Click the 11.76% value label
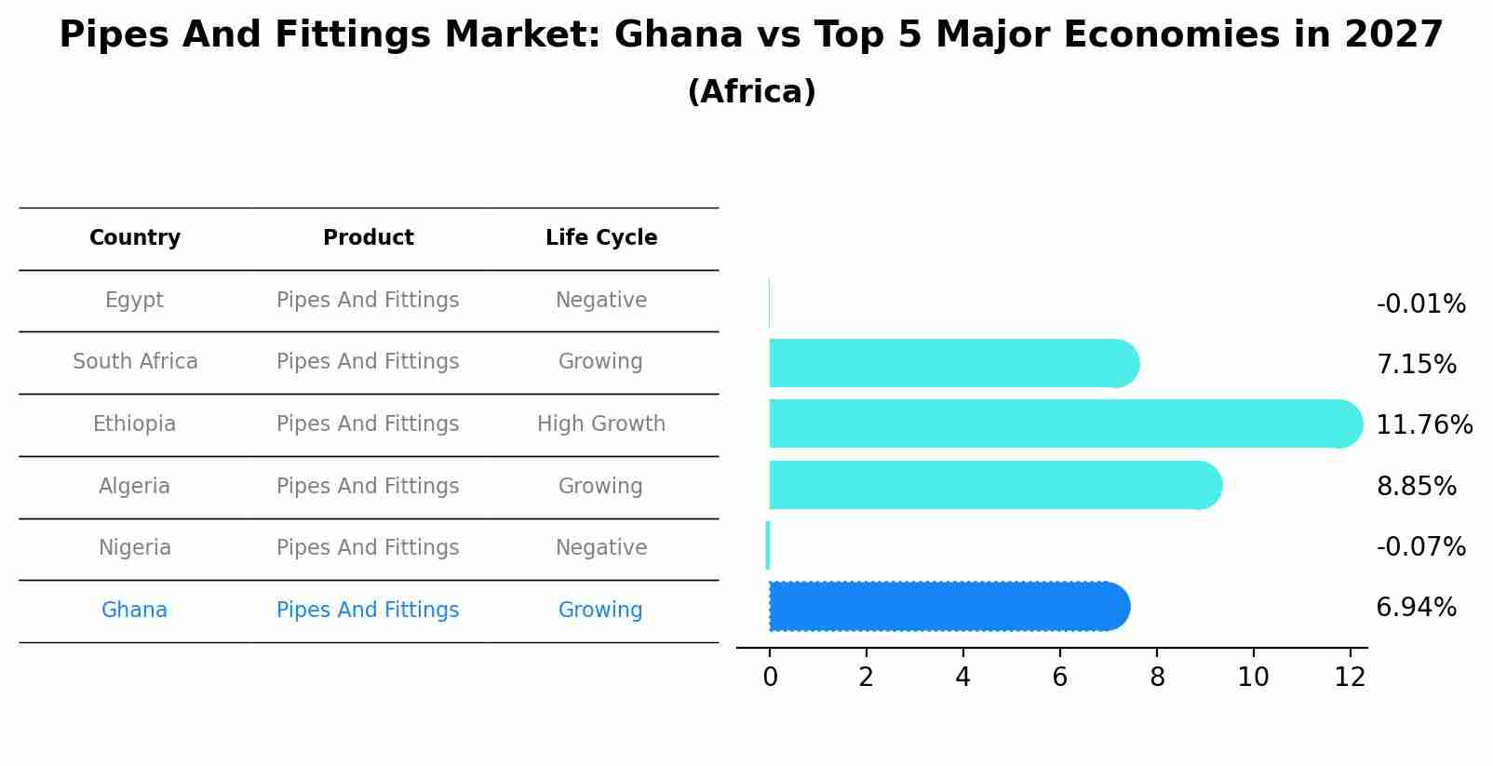coord(1423,425)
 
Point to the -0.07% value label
coord(1420,547)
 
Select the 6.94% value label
coord(1416,608)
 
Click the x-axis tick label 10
coord(1253,678)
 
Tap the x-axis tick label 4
coord(962,678)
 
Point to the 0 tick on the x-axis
coord(770,678)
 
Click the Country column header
coord(135,238)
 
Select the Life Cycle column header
coord(601,238)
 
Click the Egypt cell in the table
coord(134,301)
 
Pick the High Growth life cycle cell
coord(601,424)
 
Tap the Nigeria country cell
coord(135,548)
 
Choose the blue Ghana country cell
coord(134,611)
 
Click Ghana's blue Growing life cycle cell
coord(600,611)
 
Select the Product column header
coord(369,238)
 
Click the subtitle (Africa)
coord(751,92)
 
